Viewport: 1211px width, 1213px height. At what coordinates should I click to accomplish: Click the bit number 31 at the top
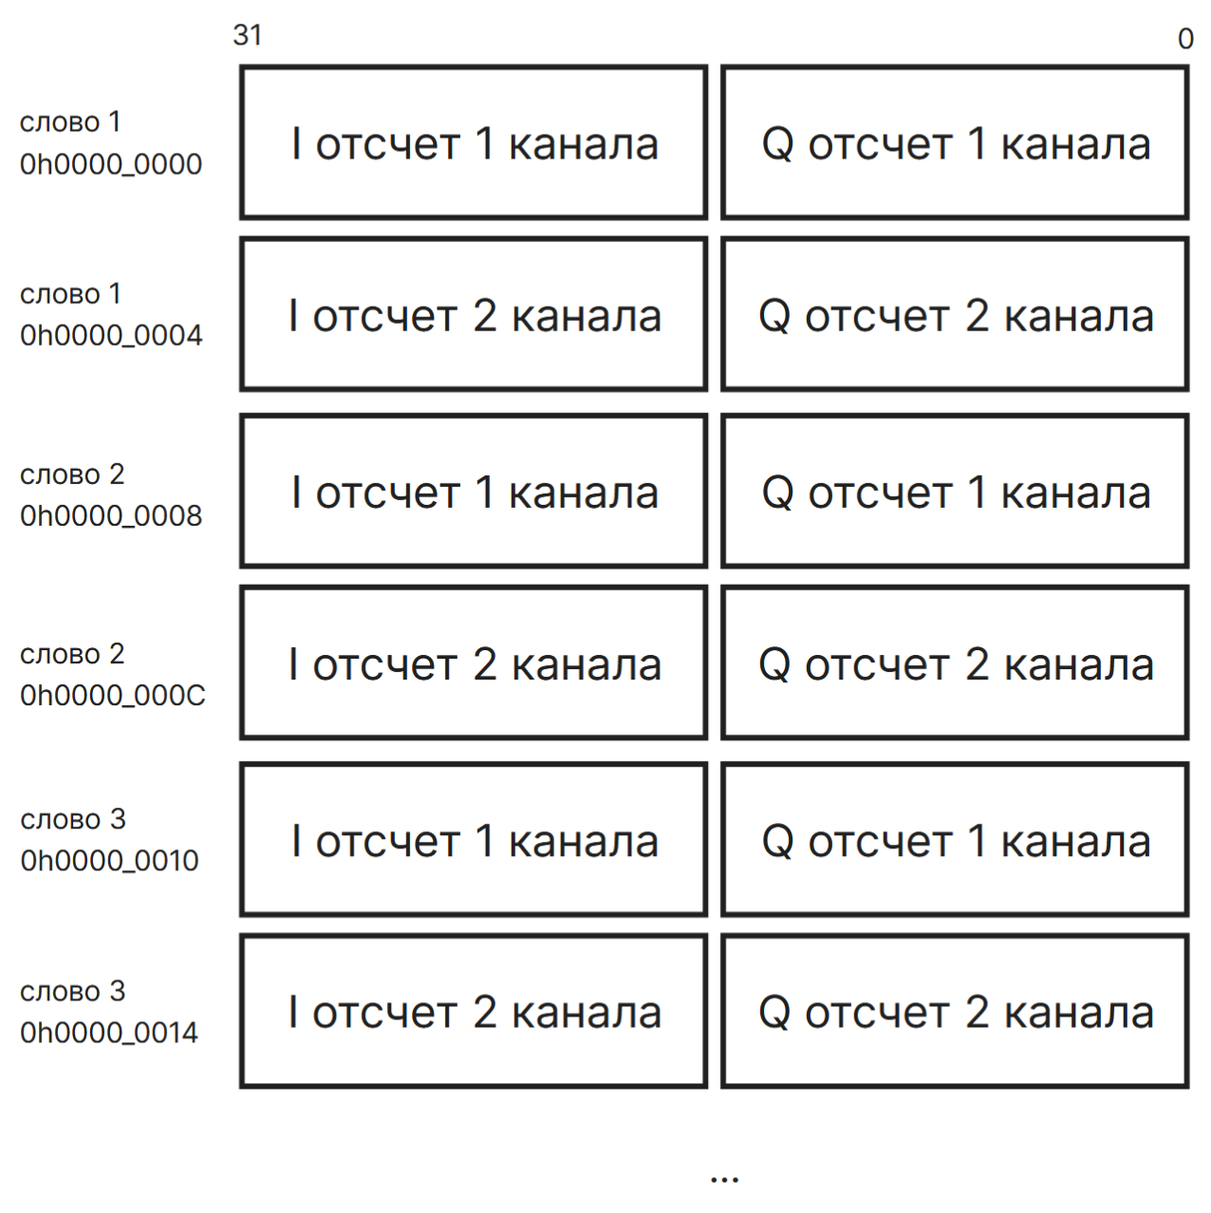click(248, 35)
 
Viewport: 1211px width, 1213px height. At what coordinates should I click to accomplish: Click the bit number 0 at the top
click(1185, 39)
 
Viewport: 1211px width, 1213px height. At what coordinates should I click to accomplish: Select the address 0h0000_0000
click(111, 164)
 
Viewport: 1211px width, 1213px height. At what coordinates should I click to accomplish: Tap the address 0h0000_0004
click(111, 335)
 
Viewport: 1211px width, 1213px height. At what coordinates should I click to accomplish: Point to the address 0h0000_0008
click(111, 516)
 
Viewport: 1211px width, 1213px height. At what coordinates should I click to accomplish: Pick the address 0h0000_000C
click(113, 696)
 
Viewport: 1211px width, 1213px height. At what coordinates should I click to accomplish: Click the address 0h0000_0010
click(109, 861)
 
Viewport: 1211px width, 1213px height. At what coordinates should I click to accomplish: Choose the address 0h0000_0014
click(109, 1033)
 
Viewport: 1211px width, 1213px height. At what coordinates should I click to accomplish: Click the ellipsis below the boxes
click(724, 1180)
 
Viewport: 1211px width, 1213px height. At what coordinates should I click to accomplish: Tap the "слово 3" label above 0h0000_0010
click(73, 819)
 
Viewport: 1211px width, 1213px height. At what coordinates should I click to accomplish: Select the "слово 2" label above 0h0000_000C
click(72, 655)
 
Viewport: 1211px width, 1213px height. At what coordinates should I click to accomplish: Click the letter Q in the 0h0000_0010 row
click(778, 843)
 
